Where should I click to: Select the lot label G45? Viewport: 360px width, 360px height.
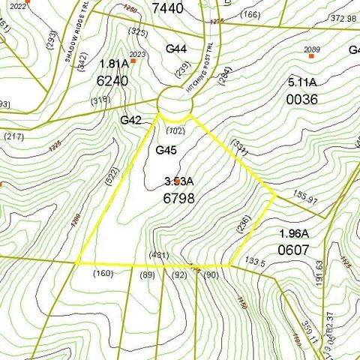(x=166, y=151)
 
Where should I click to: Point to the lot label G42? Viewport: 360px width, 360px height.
(x=131, y=119)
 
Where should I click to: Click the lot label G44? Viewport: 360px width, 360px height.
(x=176, y=49)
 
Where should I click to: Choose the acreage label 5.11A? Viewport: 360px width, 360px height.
(x=303, y=82)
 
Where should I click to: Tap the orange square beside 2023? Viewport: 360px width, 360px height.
(x=132, y=61)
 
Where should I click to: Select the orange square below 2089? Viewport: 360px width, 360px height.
(x=311, y=55)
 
